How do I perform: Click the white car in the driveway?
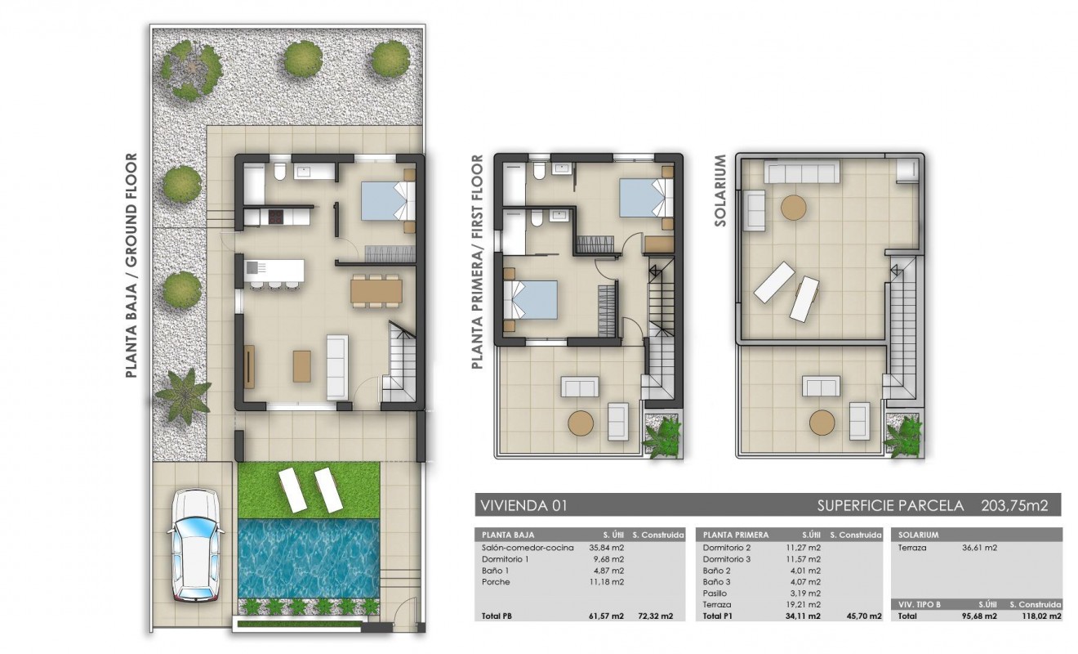193,545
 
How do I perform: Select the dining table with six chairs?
376,290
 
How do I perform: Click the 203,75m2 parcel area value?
1013,504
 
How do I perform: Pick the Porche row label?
496,582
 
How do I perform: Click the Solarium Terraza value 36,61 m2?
980,548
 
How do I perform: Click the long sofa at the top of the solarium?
801,172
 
